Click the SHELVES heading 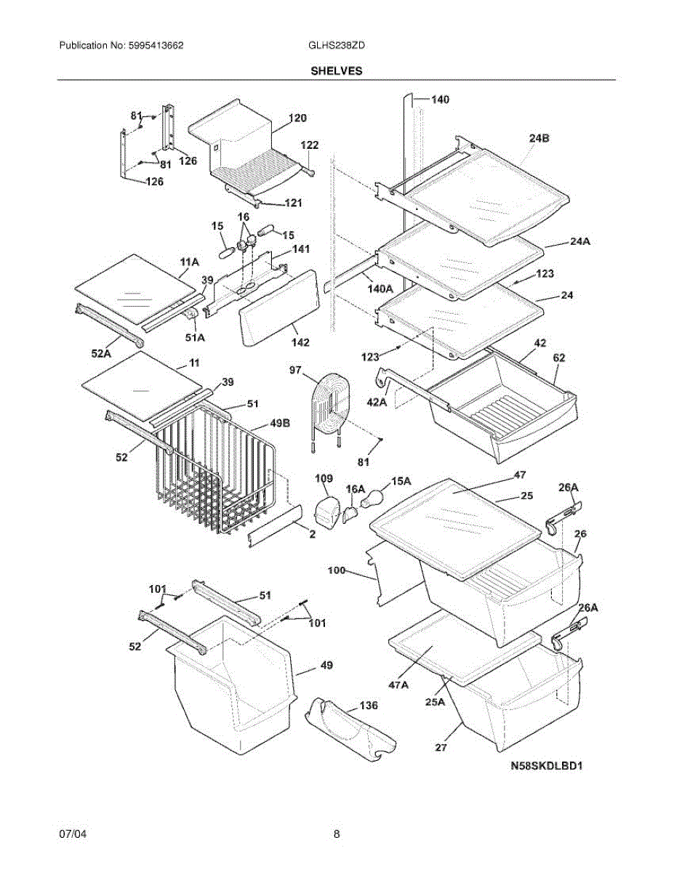click(337, 71)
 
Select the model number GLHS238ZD click(337, 45)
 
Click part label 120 click(297, 118)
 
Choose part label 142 click(300, 342)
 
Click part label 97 click(295, 371)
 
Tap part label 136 click(369, 706)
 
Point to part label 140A click(380, 288)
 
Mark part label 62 click(558, 358)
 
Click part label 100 click(337, 571)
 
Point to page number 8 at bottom click(337, 834)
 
